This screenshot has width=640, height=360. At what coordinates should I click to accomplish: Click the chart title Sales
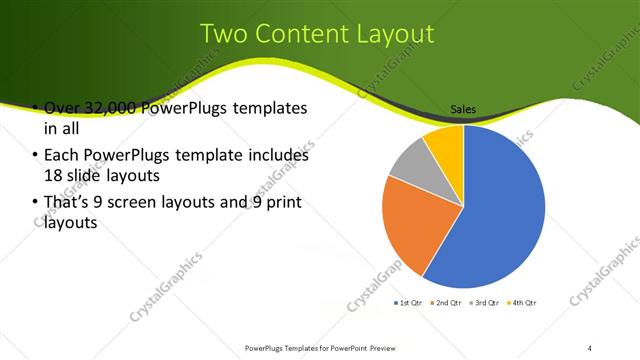coord(462,109)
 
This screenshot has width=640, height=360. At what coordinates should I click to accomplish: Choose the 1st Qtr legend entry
coord(411,302)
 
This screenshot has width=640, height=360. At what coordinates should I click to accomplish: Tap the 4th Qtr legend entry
coord(521,302)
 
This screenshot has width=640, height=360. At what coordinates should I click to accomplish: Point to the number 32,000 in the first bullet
coord(109,108)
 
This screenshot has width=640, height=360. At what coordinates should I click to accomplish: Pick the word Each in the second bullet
coord(61,156)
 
